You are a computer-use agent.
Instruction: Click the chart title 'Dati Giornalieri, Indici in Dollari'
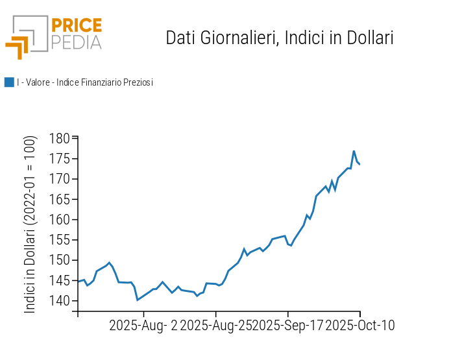pyautogui.click(x=280, y=38)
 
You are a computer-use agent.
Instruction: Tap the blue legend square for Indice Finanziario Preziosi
pyautogui.click(x=9, y=82)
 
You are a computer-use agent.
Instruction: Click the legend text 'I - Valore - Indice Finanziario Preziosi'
pyautogui.click(x=84, y=82)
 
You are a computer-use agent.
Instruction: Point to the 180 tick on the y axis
pyautogui.click(x=60, y=139)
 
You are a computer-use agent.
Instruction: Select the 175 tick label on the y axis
pyautogui.click(x=60, y=159)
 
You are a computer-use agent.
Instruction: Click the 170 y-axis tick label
pyautogui.click(x=60, y=179)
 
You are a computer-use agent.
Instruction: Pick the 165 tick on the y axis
pyautogui.click(x=60, y=200)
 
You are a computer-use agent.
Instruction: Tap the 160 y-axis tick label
pyautogui.click(x=60, y=220)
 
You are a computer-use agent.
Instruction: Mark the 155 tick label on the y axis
pyautogui.click(x=60, y=240)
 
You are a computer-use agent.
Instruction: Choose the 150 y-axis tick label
pyautogui.click(x=60, y=261)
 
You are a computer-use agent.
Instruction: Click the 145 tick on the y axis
pyautogui.click(x=60, y=281)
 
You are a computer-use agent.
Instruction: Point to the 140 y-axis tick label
pyautogui.click(x=60, y=301)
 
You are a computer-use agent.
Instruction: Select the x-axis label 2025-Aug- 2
pyautogui.click(x=143, y=326)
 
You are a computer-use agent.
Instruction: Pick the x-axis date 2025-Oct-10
pyautogui.click(x=359, y=326)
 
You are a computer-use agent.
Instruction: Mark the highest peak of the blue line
pyautogui.click(x=354, y=151)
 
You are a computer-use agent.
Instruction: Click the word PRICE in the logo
pyautogui.click(x=77, y=26)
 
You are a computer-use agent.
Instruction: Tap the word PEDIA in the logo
pyautogui.click(x=77, y=43)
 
